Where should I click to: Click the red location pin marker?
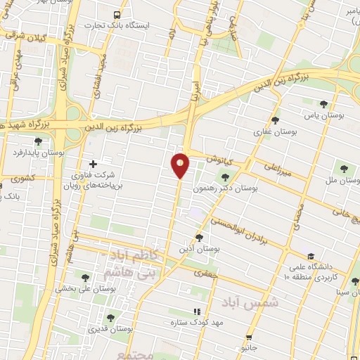[x=180, y=165]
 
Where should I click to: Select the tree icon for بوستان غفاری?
[x=275, y=121]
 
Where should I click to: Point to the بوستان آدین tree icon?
[x=199, y=238]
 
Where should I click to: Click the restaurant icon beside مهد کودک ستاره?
[x=197, y=311]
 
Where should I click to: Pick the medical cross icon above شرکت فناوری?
[x=93, y=163]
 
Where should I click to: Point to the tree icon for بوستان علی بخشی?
[x=86, y=278]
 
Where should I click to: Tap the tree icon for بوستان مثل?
[x=345, y=169]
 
